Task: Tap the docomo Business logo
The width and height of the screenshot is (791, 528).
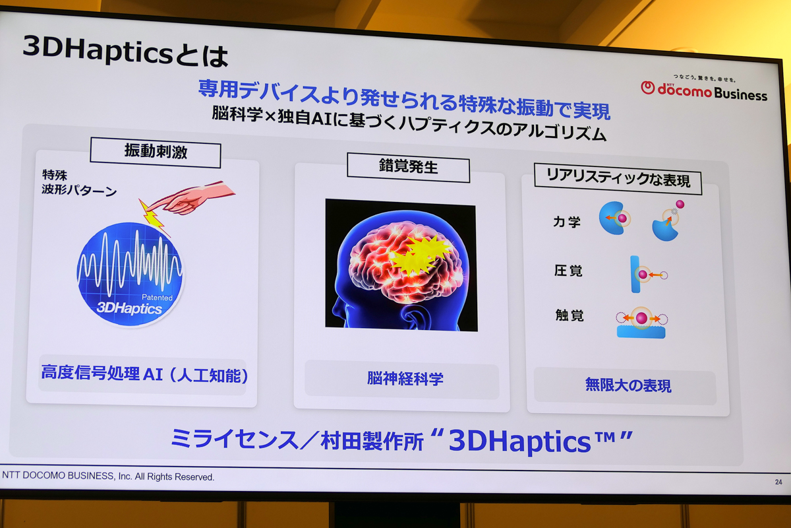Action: (x=703, y=90)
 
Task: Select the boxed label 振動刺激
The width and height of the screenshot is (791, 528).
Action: (x=156, y=152)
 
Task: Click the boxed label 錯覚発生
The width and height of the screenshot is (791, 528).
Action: (x=408, y=168)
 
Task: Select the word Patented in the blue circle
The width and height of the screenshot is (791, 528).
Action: (x=158, y=298)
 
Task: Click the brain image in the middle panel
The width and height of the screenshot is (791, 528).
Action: (x=401, y=264)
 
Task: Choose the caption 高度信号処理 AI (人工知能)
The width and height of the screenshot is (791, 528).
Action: (x=144, y=376)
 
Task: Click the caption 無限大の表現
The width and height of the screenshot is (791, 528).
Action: (x=628, y=385)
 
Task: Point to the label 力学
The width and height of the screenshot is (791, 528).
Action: (x=567, y=222)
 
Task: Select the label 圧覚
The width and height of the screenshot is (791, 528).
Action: (x=568, y=271)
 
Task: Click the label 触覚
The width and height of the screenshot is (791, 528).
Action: (x=569, y=316)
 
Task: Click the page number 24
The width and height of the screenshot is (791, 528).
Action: (x=778, y=482)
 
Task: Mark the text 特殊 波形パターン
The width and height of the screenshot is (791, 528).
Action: (x=78, y=183)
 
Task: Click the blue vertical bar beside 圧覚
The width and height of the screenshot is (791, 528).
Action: (x=635, y=273)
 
